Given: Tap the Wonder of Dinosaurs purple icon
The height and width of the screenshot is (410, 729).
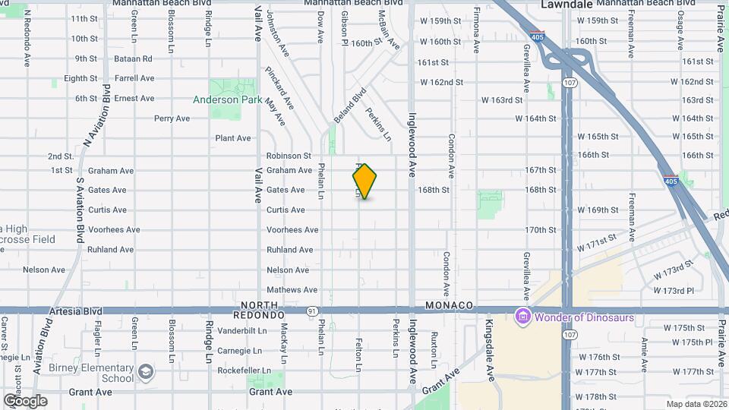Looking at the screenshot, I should [522, 315].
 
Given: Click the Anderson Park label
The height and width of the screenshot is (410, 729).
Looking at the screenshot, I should [227, 99].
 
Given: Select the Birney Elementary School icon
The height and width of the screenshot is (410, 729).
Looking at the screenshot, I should [146, 371].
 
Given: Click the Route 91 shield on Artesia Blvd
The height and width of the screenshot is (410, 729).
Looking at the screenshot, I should [312, 311].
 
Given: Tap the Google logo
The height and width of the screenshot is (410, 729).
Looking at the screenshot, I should [24, 400].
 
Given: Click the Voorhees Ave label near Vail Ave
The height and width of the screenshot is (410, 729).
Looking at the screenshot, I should [292, 230].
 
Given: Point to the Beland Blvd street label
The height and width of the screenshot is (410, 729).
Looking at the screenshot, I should [350, 106].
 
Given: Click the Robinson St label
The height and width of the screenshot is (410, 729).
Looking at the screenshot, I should [289, 156].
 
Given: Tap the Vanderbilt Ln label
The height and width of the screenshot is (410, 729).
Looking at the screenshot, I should [242, 331].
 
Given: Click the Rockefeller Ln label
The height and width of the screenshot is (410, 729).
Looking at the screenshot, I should [243, 371].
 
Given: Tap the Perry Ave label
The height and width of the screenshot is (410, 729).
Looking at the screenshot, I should [172, 118].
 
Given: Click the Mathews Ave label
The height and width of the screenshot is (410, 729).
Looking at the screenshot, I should [292, 290].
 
